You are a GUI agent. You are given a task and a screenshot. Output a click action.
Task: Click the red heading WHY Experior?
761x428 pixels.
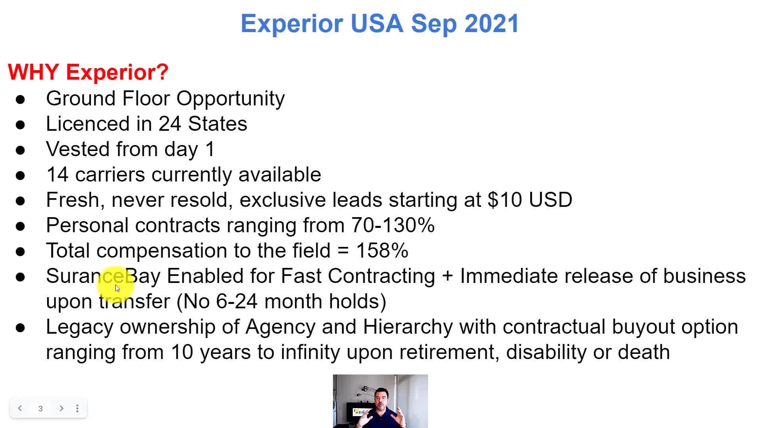pyautogui.click(x=88, y=72)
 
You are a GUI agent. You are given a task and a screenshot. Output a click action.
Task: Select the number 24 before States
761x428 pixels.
pyautogui.click(x=170, y=124)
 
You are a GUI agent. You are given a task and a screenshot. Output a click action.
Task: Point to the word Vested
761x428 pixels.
pyautogui.click(x=78, y=149)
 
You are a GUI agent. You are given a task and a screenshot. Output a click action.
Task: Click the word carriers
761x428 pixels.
pyautogui.click(x=110, y=174)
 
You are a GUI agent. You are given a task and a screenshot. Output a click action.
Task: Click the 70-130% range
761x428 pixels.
pyautogui.click(x=393, y=225)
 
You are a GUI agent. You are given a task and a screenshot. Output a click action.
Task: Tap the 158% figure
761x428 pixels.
pyautogui.click(x=382, y=250)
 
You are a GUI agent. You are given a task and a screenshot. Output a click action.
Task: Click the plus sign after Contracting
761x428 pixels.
pyautogui.click(x=447, y=276)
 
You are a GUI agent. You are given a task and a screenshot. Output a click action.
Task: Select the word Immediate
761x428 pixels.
pyautogui.click(x=509, y=276)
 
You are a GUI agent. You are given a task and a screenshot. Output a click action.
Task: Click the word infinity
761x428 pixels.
pyautogui.click(x=310, y=352)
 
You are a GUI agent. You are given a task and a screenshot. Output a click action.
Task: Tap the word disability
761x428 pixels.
pyautogui.click(x=546, y=352)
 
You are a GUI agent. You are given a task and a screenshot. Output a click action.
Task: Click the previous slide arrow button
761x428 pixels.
pyautogui.click(x=20, y=408)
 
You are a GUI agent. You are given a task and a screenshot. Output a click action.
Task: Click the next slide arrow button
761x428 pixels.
pyautogui.click(x=61, y=408)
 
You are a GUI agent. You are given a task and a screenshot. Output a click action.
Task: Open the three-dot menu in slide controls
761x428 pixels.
pyautogui.click(x=77, y=408)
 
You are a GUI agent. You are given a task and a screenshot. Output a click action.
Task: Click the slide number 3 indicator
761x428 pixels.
pyautogui.click(x=40, y=409)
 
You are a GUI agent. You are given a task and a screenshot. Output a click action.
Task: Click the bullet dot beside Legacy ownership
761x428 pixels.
pyautogui.click(x=20, y=328)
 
